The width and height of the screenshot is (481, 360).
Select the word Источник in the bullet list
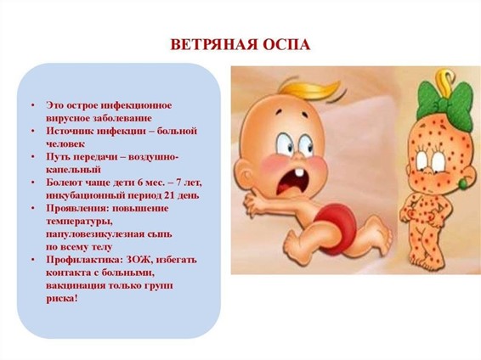coord(69,131)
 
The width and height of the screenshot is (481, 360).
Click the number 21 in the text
coord(170,195)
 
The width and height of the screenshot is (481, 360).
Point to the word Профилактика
coord(82,260)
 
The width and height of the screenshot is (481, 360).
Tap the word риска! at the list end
coord(62,299)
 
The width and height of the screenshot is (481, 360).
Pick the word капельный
coord(73,170)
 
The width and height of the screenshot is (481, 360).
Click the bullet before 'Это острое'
coord(32,105)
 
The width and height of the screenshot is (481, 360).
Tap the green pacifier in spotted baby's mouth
coord(463,183)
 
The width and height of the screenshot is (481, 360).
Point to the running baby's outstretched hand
coord(251,205)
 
